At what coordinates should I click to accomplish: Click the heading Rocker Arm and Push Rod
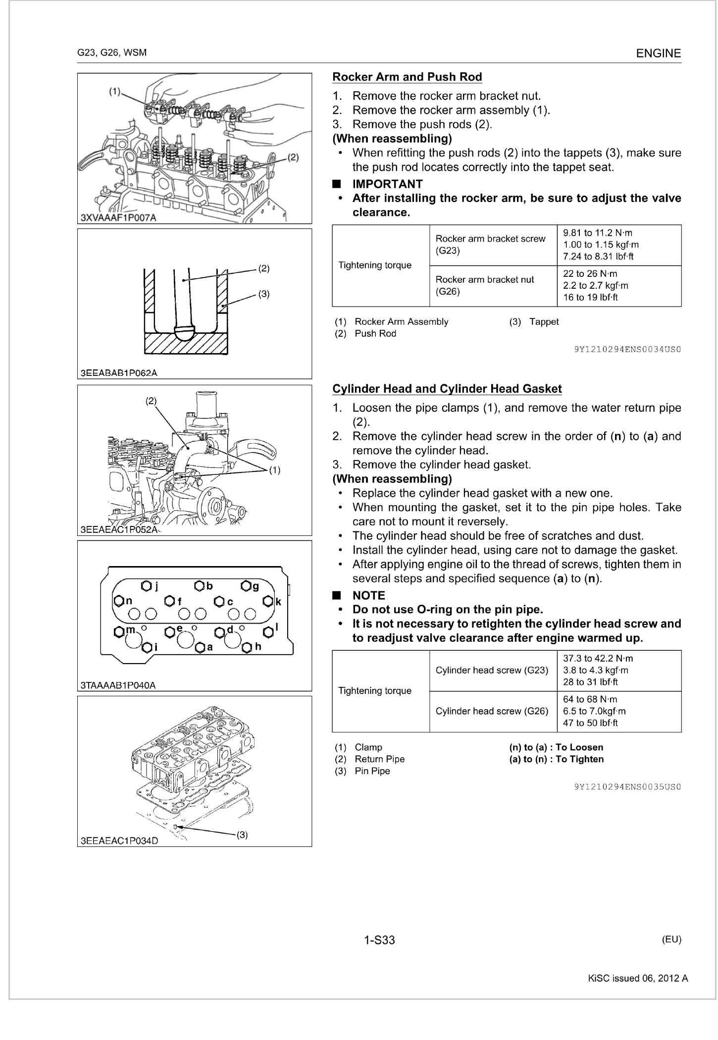[x=407, y=77]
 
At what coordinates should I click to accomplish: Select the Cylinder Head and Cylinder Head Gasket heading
[x=447, y=389]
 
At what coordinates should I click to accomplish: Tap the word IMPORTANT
[x=387, y=184]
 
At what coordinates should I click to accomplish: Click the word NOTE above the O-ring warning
[x=368, y=596]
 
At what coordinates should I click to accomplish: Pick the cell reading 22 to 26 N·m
[x=590, y=274]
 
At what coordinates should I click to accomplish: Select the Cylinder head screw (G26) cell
[x=492, y=711]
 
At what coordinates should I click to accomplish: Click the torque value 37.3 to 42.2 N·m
[x=598, y=659]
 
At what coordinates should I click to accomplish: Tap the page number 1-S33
[x=379, y=940]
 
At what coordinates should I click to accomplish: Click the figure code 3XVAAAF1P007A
[x=118, y=218]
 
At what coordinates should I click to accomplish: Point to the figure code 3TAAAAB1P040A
[x=118, y=685]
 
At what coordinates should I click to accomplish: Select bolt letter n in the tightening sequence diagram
[x=129, y=601]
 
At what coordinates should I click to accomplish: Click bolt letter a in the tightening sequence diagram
[x=210, y=647]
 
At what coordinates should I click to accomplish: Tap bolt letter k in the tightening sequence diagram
[x=278, y=602]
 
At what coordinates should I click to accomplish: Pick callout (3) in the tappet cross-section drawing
[x=264, y=294]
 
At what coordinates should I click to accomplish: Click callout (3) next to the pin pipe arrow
[x=242, y=834]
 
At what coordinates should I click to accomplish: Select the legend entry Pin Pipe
[x=372, y=771]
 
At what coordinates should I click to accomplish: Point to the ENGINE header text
[x=658, y=53]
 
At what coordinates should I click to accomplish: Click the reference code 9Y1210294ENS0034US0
[x=627, y=349]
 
